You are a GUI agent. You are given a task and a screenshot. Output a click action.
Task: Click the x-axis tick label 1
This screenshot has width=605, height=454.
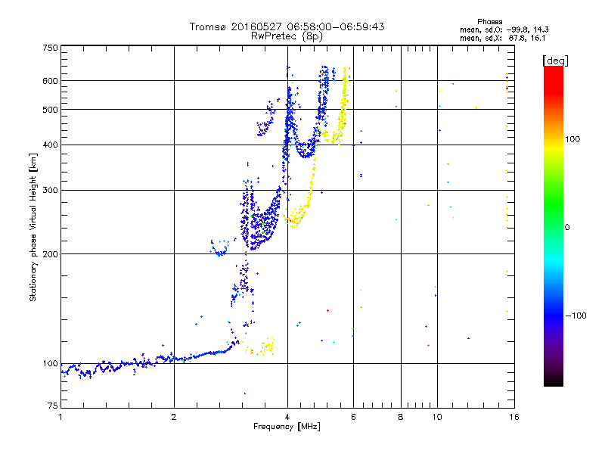[x=60, y=417]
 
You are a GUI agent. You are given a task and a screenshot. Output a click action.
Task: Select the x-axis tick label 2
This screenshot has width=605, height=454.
[x=174, y=417]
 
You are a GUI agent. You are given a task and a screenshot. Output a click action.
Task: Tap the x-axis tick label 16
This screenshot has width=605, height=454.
[x=513, y=417]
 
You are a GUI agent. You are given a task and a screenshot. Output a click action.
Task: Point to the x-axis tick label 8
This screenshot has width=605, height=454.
[x=401, y=417]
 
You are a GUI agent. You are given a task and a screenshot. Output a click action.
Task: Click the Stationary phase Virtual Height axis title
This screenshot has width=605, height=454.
[x=33, y=227]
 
